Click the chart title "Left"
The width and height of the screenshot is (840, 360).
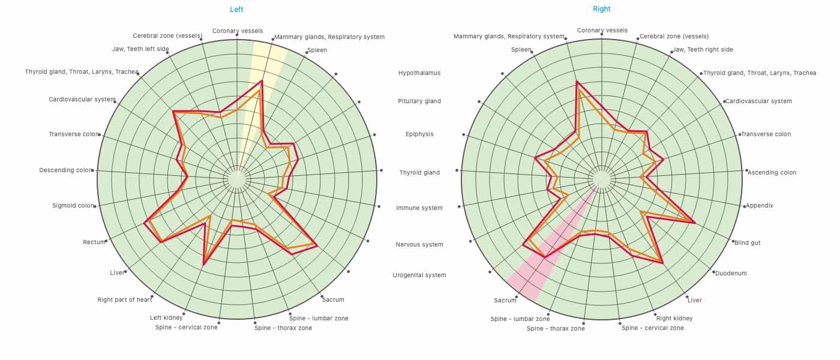(x=236, y=10)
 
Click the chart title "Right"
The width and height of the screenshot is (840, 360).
(x=601, y=9)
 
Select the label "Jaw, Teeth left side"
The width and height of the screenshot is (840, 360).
(x=140, y=49)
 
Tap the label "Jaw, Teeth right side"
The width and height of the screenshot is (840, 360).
(x=703, y=50)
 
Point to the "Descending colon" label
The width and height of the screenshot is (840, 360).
(x=66, y=170)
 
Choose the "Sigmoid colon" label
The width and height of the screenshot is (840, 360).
(x=73, y=206)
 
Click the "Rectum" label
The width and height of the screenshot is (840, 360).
(x=94, y=242)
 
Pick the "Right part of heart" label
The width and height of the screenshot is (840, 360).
(x=125, y=300)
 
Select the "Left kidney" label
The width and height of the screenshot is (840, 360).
(x=166, y=318)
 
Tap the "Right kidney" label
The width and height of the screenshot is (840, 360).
(x=674, y=319)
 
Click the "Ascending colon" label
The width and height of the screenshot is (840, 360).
(x=772, y=173)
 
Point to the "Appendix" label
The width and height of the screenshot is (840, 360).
(x=759, y=206)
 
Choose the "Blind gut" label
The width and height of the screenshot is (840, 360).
(x=747, y=243)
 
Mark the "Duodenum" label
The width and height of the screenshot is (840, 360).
(x=731, y=274)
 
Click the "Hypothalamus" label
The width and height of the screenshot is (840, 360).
(x=419, y=73)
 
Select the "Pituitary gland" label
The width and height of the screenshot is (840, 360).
(x=419, y=101)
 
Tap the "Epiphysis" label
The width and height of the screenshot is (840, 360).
(x=419, y=134)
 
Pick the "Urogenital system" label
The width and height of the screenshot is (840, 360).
(x=419, y=275)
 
